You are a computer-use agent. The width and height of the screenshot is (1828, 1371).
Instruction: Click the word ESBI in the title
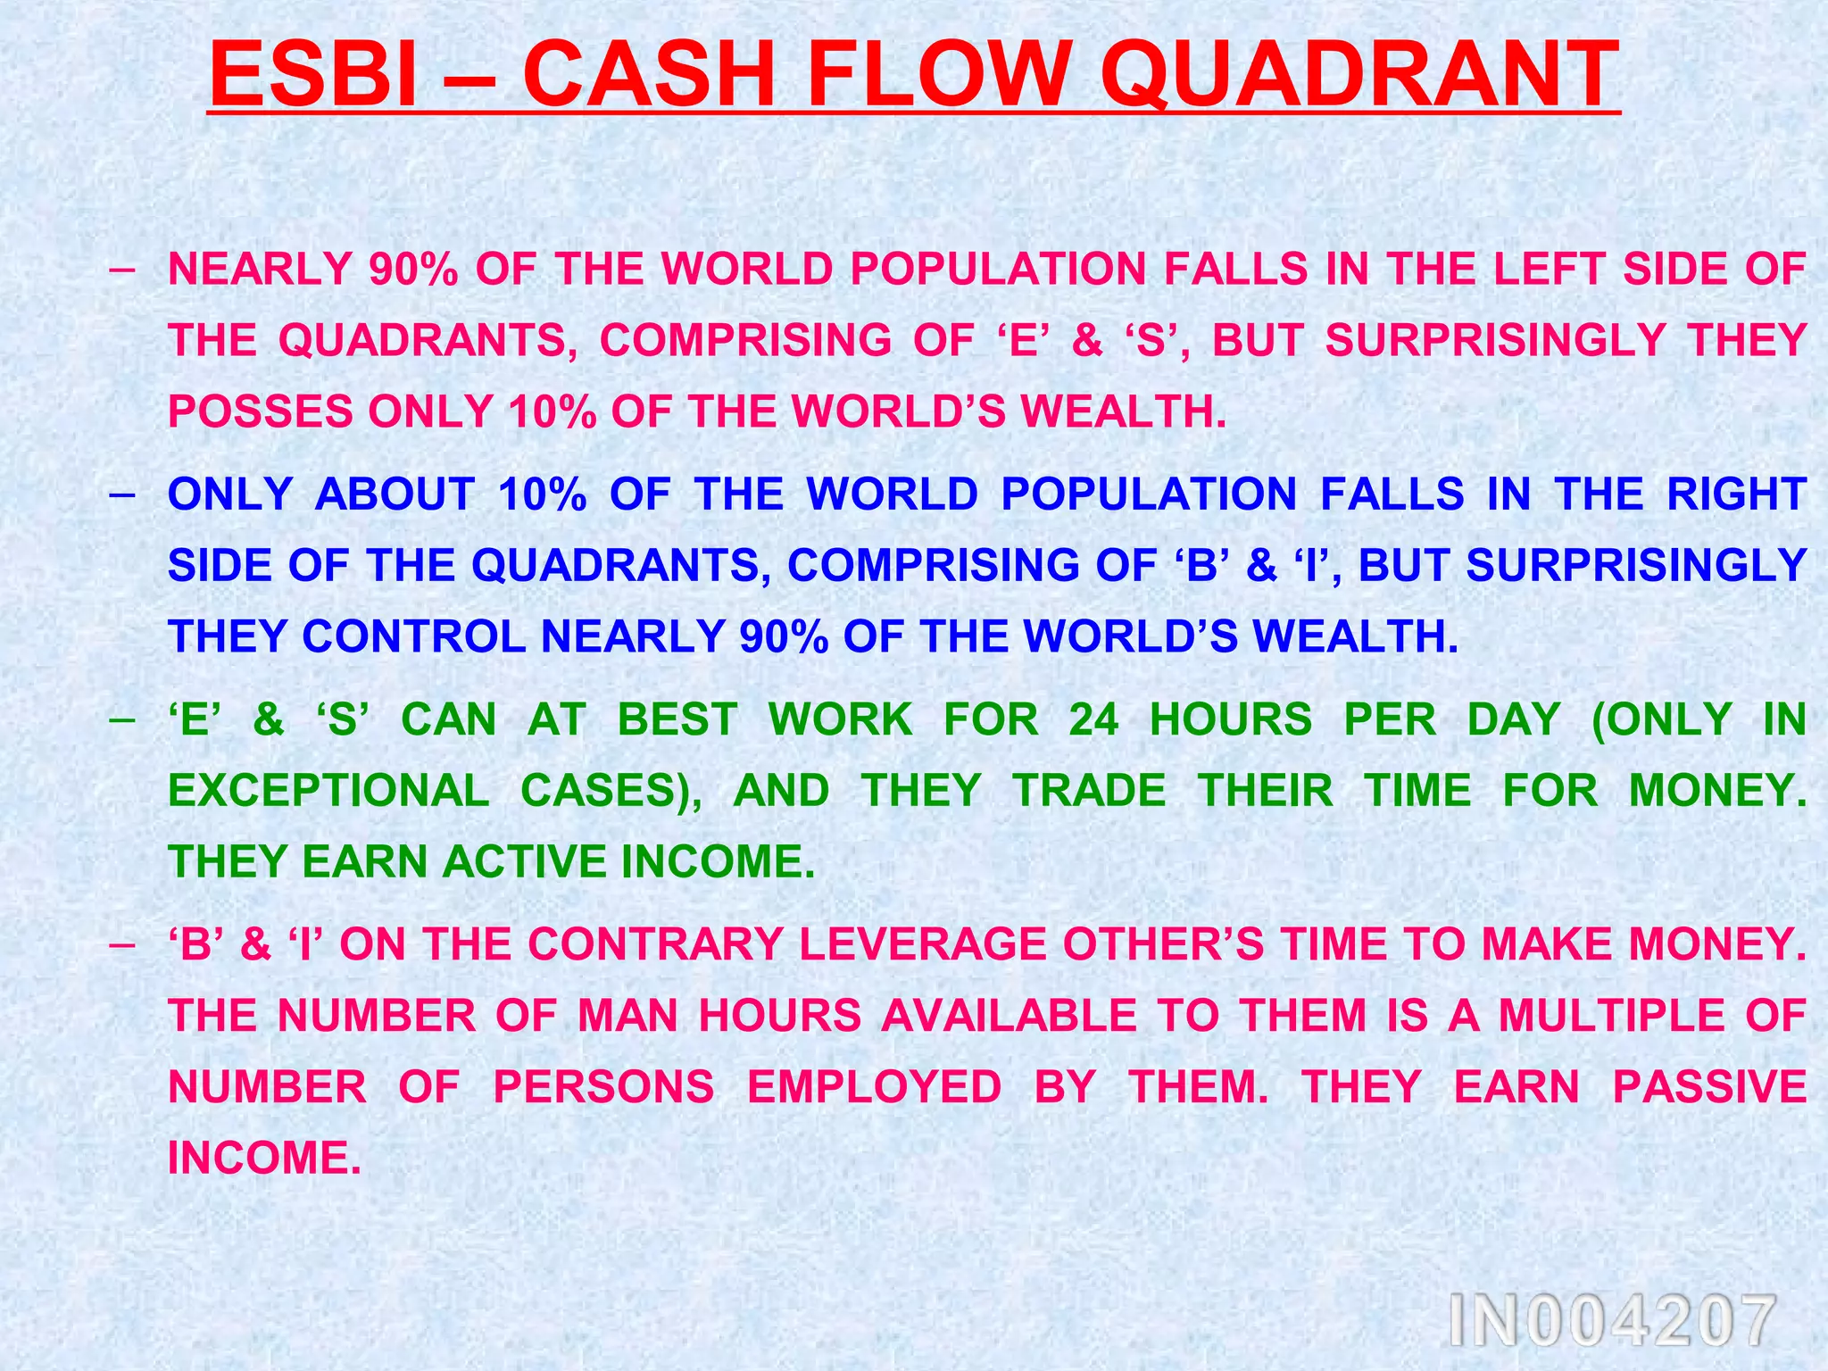[x=312, y=74]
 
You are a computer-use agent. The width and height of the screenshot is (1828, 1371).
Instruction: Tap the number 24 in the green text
[x=1094, y=719]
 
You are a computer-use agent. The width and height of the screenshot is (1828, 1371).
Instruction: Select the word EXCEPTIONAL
[x=328, y=791]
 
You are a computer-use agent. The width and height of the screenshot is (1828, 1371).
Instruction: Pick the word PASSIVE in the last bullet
[x=1709, y=1087]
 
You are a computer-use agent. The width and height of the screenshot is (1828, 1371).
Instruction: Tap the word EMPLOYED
[x=874, y=1087]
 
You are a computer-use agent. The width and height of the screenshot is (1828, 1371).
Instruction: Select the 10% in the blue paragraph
[x=542, y=494]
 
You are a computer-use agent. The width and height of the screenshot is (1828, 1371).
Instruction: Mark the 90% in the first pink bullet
[x=413, y=270]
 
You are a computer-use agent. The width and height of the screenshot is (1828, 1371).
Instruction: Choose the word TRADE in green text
[x=1089, y=791]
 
